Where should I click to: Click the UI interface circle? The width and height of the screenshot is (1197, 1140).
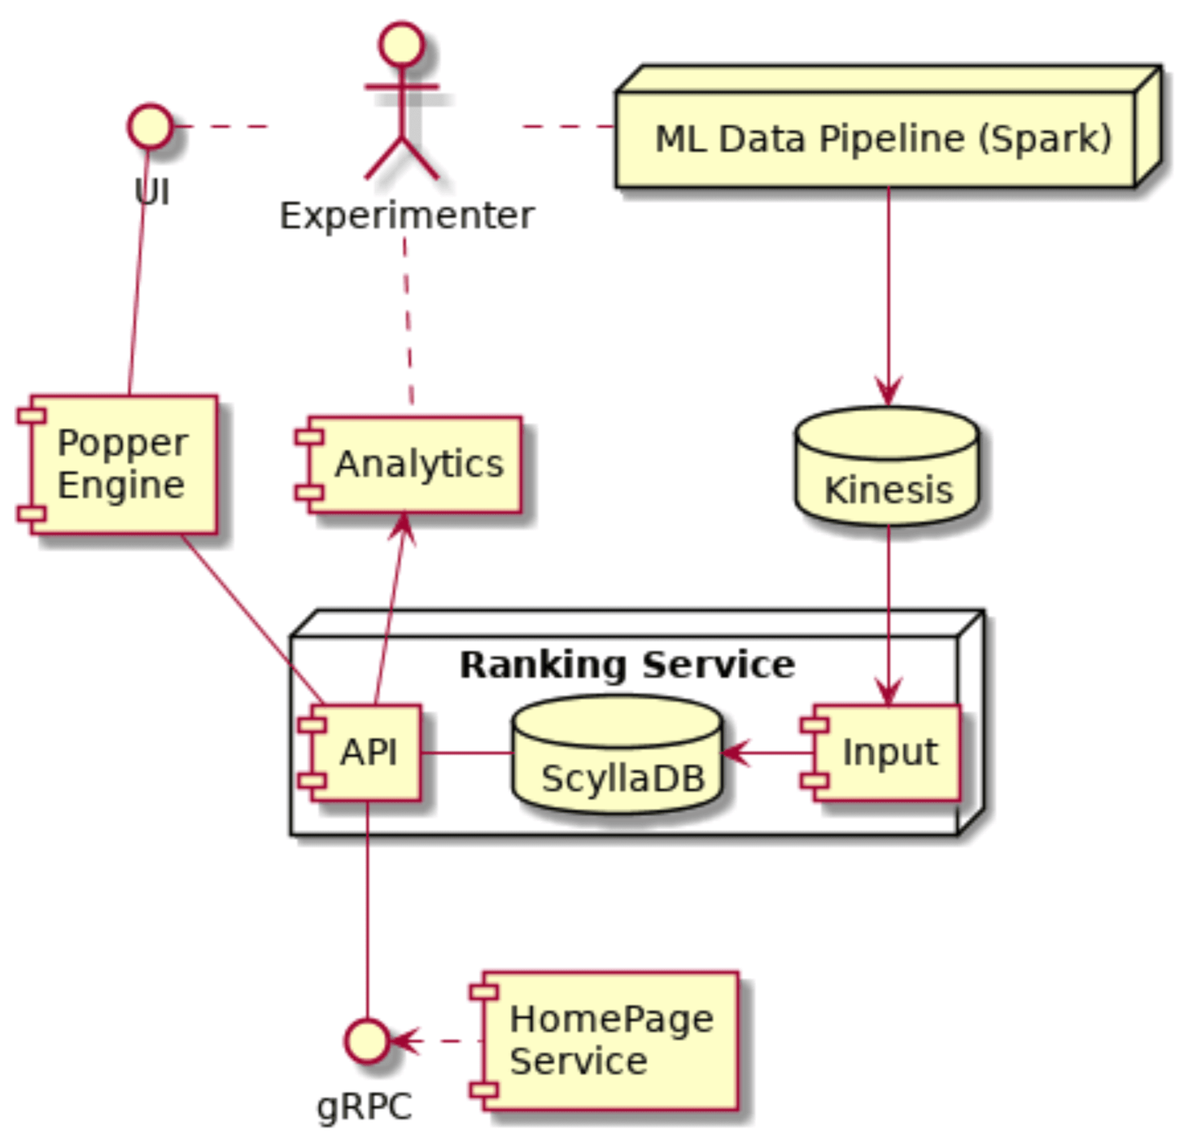[x=150, y=126]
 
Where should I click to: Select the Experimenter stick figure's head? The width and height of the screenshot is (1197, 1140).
[x=401, y=44]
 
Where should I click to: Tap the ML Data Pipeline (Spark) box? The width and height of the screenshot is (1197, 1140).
[x=882, y=139]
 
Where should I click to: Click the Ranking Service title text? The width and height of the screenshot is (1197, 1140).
[x=627, y=665]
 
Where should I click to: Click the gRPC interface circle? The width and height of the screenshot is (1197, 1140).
[x=367, y=1040]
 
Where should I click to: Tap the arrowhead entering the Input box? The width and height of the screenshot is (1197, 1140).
[x=888, y=693]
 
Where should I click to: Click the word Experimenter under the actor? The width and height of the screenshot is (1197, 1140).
[x=407, y=216]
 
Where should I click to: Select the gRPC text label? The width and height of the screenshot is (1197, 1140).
[x=364, y=1107]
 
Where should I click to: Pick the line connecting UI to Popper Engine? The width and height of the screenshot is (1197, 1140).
[x=138, y=273]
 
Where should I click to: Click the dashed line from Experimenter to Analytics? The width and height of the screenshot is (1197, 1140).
[x=407, y=319]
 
